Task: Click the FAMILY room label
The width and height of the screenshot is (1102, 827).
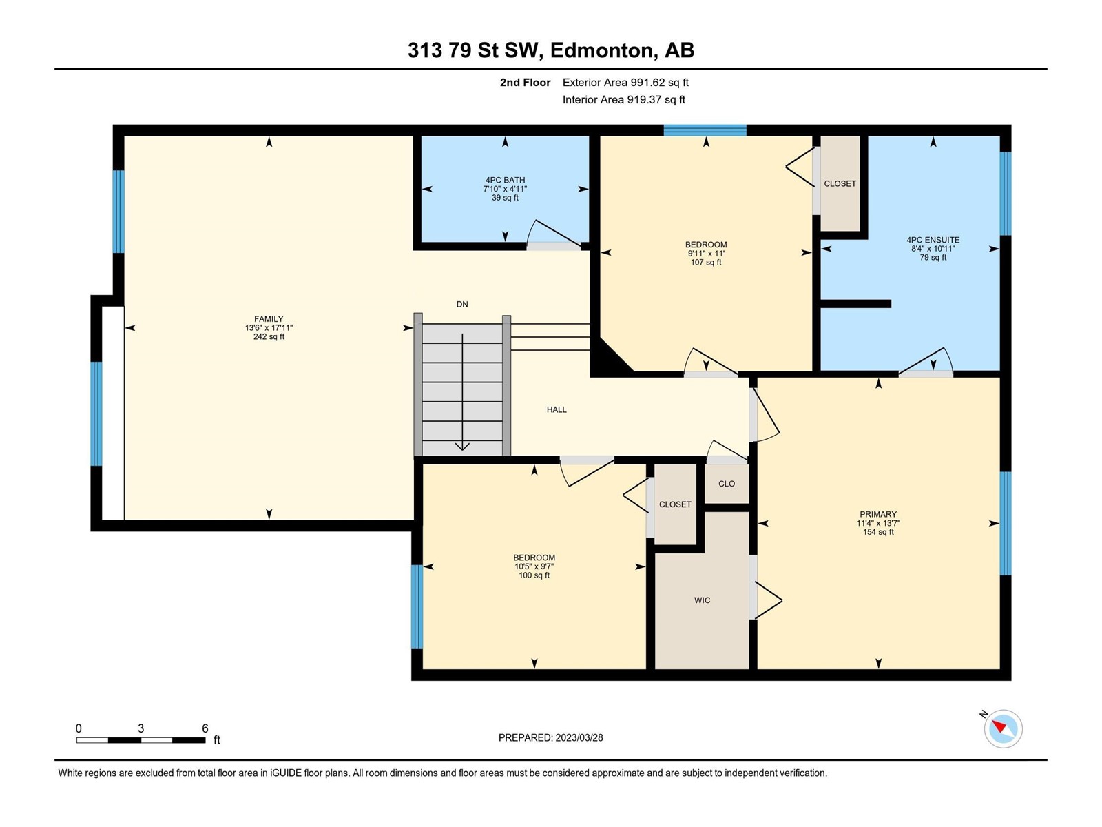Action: (269, 319)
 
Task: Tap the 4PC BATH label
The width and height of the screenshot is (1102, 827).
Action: (505, 180)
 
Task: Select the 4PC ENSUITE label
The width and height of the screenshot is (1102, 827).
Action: (933, 240)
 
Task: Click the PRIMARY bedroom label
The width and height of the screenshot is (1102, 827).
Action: (878, 514)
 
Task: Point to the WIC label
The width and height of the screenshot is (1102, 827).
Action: (702, 600)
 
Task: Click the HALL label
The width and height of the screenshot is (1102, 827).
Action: (557, 410)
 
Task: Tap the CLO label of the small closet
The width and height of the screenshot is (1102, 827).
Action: (727, 484)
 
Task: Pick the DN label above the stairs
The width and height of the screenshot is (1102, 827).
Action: (462, 305)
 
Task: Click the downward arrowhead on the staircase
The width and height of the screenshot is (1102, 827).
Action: (462, 447)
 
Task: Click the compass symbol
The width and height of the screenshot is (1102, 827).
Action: (1003, 728)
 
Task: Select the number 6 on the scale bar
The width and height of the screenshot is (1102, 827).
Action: (205, 728)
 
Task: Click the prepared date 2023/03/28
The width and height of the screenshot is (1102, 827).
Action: (579, 737)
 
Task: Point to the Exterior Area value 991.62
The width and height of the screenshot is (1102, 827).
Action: (647, 82)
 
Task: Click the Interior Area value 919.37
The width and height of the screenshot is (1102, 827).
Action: (644, 99)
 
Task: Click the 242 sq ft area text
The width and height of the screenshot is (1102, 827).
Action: (269, 336)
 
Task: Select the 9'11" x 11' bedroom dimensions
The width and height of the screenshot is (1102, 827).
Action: (706, 254)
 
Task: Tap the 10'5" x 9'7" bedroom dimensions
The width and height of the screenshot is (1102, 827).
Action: (534, 566)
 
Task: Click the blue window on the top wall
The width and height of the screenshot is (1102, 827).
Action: (705, 130)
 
